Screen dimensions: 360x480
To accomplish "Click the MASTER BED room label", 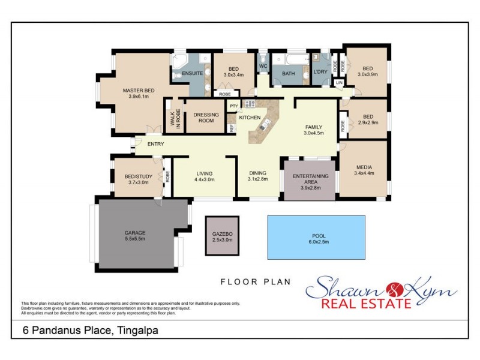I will pos(139,91).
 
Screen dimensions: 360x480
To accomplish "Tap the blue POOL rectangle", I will pos(316,238).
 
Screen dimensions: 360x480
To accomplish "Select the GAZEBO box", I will pos(222,236).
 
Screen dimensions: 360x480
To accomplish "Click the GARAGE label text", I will pos(135,232).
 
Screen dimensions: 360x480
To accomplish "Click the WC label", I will pos(263,66).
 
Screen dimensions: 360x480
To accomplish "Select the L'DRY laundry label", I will pos(320,73).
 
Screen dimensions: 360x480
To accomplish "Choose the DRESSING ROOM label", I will pos(206,118).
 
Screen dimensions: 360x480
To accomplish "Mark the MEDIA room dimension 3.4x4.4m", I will pos(365,174).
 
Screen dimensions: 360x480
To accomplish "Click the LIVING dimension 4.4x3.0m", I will pos(203,179).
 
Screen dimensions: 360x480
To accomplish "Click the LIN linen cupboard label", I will pos(340,82).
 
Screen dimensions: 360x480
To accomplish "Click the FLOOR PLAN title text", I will pos(255,281).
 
